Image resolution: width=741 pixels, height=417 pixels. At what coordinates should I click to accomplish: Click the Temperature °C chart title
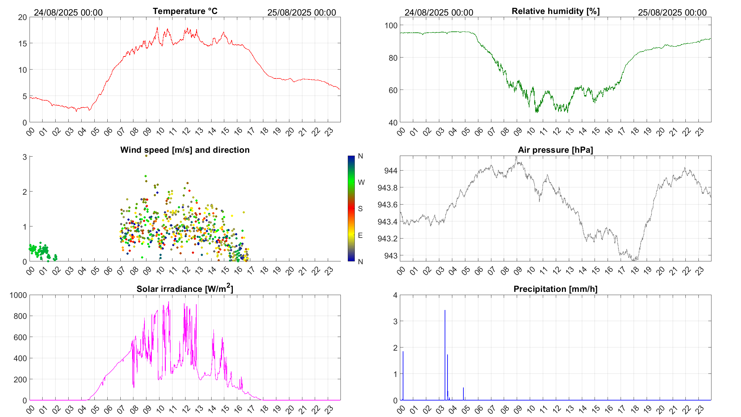pyautogui.click(x=185, y=11)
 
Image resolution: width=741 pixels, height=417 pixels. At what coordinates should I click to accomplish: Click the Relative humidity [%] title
pyautogui.click(x=556, y=11)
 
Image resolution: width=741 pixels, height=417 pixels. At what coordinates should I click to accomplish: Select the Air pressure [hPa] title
pyautogui.click(x=555, y=150)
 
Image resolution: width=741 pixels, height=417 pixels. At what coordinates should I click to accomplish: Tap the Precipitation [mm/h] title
pyautogui.click(x=555, y=289)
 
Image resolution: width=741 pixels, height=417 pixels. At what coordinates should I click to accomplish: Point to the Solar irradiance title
pyautogui.click(x=185, y=289)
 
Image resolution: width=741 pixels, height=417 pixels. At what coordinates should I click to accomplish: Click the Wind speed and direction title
pyautogui.click(x=185, y=150)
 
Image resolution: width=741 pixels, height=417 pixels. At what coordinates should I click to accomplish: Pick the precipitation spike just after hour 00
pyautogui.click(x=403, y=375)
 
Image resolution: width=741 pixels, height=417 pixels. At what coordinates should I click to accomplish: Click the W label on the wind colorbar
pyautogui.click(x=361, y=182)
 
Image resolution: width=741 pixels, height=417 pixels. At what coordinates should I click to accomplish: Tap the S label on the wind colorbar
pyautogui.click(x=360, y=209)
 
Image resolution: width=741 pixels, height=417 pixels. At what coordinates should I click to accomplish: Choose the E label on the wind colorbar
pyautogui.click(x=360, y=235)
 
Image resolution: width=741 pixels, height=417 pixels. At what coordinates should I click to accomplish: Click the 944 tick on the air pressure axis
pyautogui.click(x=390, y=171)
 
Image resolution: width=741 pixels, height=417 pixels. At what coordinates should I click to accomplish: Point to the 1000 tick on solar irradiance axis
pyautogui.click(x=18, y=295)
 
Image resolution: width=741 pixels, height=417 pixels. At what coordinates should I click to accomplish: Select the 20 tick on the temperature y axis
pyautogui.click(x=23, y=17)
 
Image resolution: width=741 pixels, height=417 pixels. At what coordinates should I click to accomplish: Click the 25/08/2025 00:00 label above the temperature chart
pyautogui.click(x=301, y=12)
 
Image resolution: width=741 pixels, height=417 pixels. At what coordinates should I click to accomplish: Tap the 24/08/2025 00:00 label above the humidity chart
pyautogui.click(x=439, y=12)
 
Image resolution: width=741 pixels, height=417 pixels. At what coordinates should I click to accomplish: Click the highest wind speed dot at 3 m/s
pyautogui.click(x=146, y=156)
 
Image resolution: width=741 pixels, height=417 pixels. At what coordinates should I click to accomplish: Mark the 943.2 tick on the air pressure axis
pyautogui.click(x=387, y=239)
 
